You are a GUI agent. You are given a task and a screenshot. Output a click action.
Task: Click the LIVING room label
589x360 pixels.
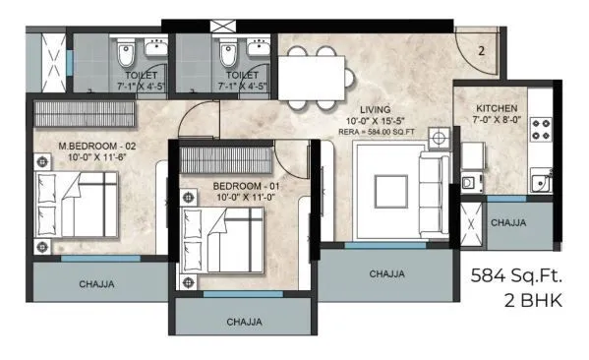click(x=374, y=108)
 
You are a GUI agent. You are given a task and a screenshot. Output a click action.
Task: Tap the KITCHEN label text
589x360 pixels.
click(x=492, y=107)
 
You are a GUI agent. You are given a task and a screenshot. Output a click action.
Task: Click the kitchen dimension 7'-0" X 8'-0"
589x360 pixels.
click(x=492, y=120)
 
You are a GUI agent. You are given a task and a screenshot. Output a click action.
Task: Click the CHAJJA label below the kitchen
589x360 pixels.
click(x=506, y=222)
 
